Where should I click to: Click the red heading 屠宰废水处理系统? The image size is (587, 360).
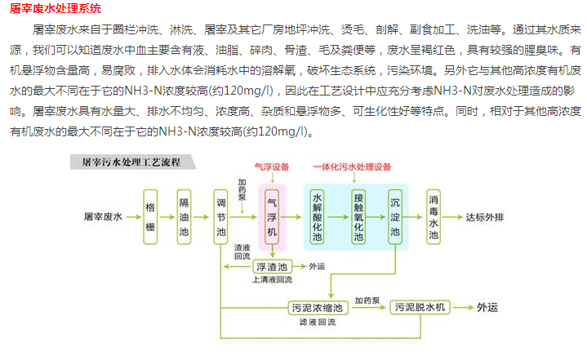[x=56, y=10]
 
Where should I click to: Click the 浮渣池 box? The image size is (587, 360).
[x=272, y=266]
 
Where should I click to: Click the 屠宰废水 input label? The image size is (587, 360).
[x=102, y=218]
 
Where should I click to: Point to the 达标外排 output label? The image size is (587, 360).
[x=484, y=218]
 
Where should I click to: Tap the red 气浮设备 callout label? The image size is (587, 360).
[x=272, y=167]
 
